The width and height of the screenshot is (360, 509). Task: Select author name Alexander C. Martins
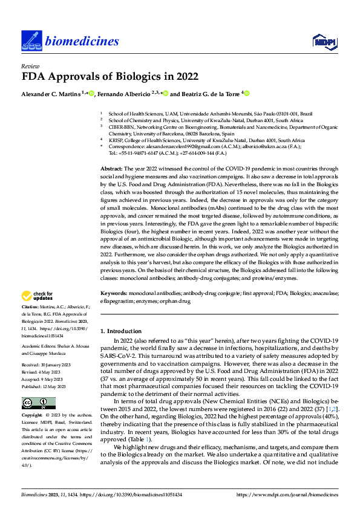point(51,94)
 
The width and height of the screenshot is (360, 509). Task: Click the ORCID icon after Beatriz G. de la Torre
point(246,94)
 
